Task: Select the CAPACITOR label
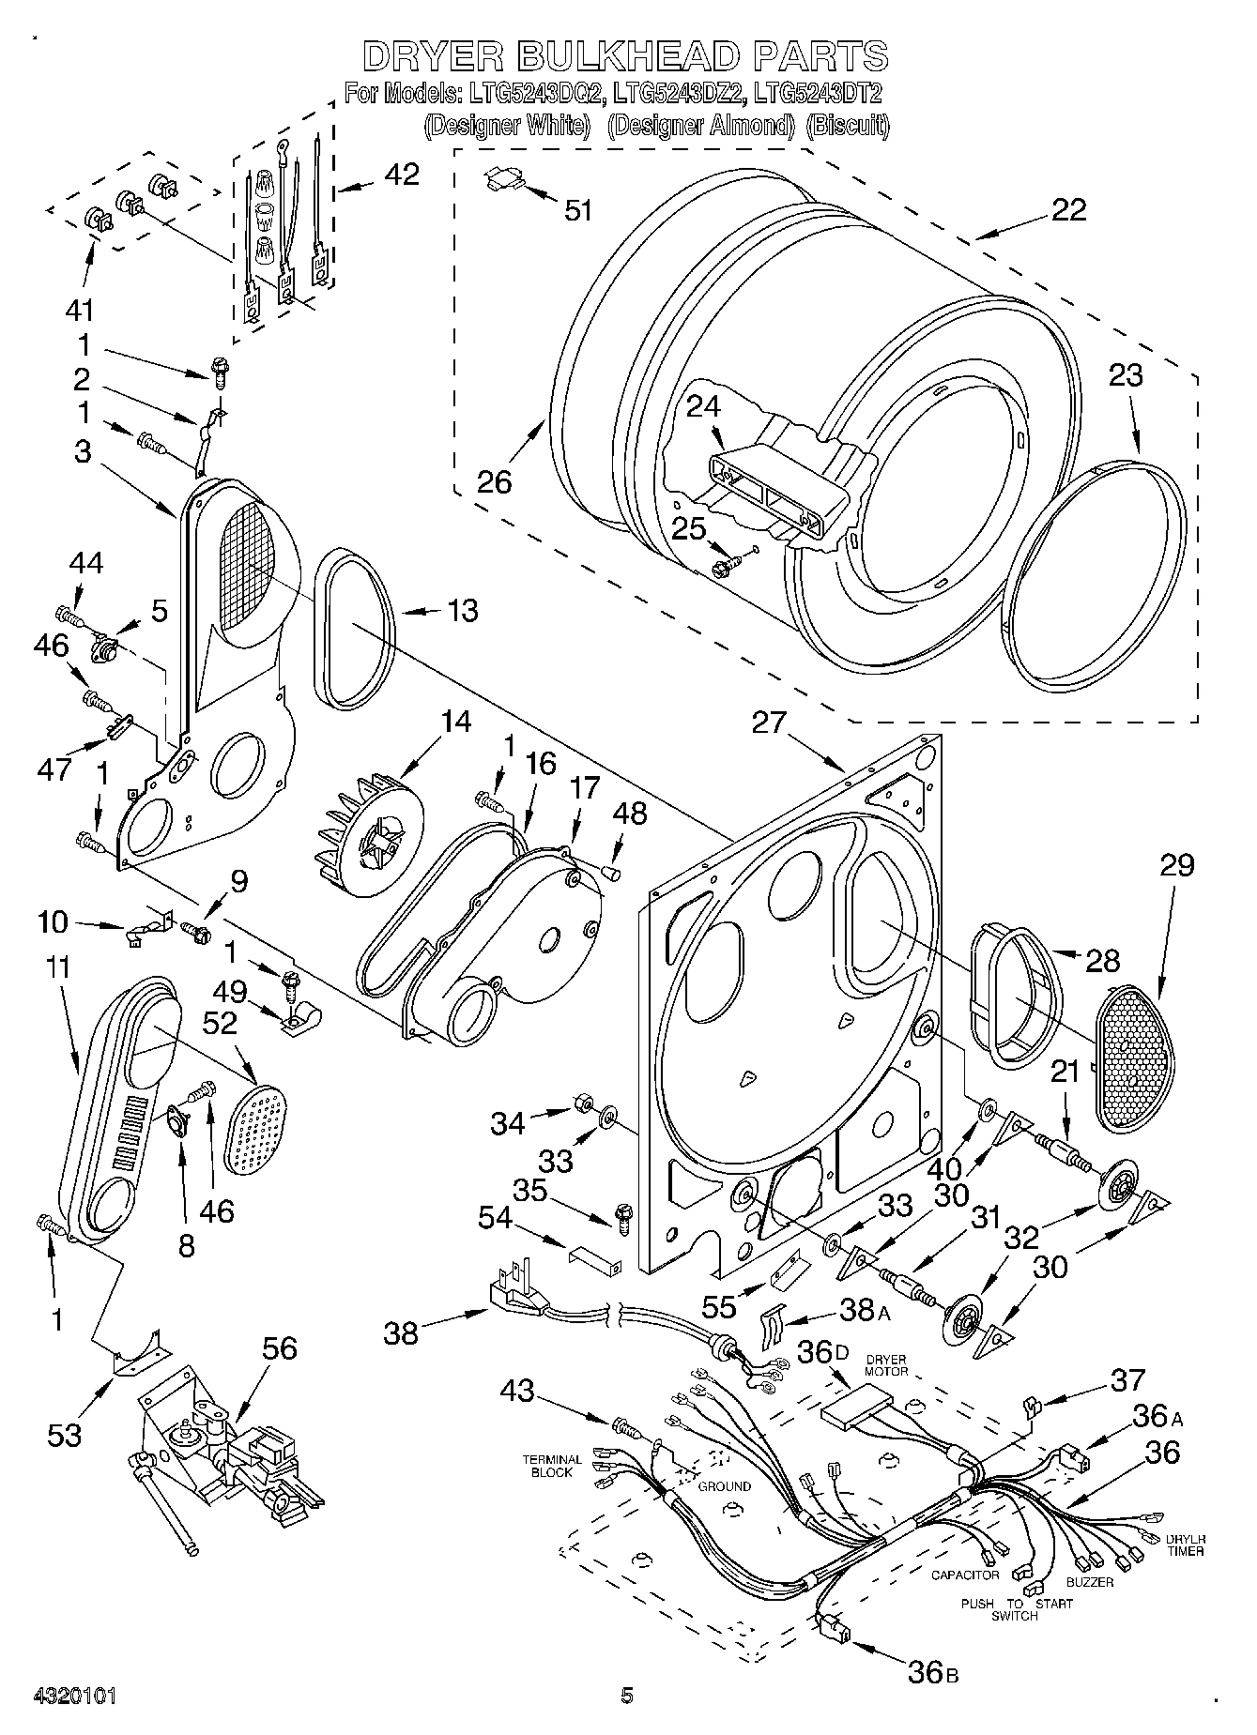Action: (964, 1574)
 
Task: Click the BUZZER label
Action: (1089, 1582)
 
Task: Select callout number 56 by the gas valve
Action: (280, 1348)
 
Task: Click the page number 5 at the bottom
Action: (627, 1695)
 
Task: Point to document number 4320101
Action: (74, 1696)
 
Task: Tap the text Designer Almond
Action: (700, 126)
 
